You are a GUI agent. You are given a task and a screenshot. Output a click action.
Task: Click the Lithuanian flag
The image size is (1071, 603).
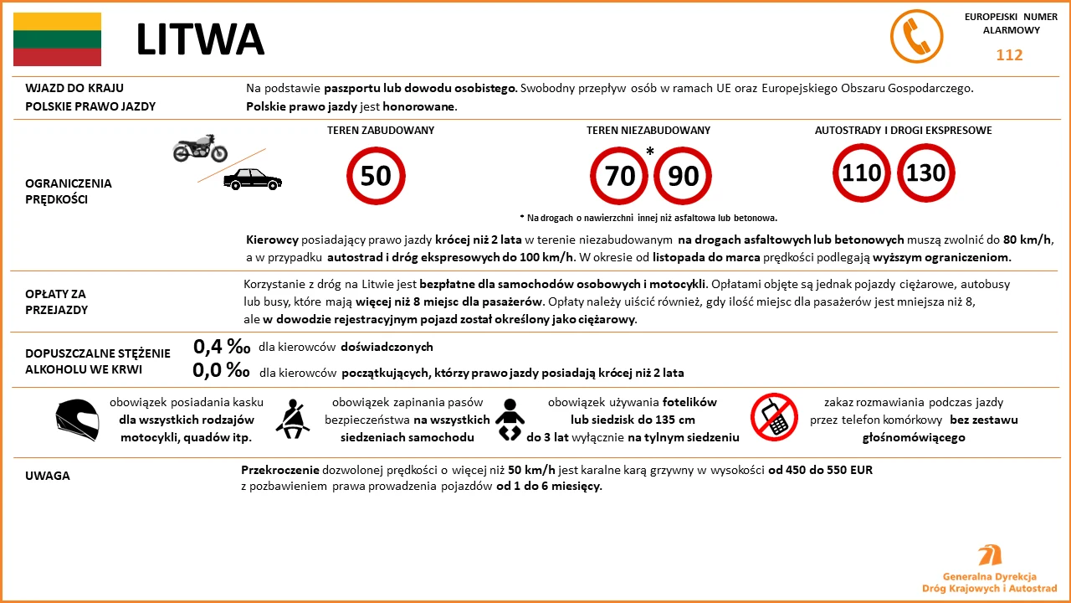[x=57, y=39]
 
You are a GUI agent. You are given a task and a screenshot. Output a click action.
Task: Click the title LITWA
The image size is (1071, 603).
[x=200, y=39]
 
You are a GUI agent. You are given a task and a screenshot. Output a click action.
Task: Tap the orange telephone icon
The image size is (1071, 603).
[x=916, y=38]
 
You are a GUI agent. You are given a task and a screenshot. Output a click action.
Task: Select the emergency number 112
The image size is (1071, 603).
[x=1009, y=55]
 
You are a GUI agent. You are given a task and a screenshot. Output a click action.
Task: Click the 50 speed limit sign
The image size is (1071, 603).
[x=376, y=176]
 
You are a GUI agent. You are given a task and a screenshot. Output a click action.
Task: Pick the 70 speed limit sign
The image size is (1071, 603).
[x=619, y=176]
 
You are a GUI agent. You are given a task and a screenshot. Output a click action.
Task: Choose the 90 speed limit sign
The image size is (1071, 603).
[x=683, y=176]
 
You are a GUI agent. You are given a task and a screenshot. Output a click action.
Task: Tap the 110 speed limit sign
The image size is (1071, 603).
[x=861, y=173]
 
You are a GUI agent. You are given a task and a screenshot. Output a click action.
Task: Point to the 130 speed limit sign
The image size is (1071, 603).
[x=925, y=173]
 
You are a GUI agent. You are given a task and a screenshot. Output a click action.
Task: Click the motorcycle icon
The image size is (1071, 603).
[x=200, y=148]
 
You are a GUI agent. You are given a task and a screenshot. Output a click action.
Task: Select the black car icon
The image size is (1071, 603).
[x=253, y=178]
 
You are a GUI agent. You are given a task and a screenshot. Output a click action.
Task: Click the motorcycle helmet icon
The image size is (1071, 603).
[x=77, y=420]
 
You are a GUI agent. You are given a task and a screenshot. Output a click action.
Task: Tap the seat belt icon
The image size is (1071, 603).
[x=294, y=418]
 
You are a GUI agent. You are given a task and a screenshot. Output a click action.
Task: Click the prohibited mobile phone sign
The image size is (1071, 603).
[x=774, y=417]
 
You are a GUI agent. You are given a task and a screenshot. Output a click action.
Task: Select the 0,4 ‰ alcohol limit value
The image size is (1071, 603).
[x=222, y=347]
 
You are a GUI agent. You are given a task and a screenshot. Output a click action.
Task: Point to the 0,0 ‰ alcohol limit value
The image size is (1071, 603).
[x=222, y=370]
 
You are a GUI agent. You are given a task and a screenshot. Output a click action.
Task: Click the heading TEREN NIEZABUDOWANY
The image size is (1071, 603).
[x=648, y=131]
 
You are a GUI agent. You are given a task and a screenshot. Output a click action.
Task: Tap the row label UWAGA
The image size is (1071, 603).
[x=48, y=476]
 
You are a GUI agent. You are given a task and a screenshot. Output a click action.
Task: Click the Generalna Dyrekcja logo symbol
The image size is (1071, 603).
[x=990, y=556]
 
